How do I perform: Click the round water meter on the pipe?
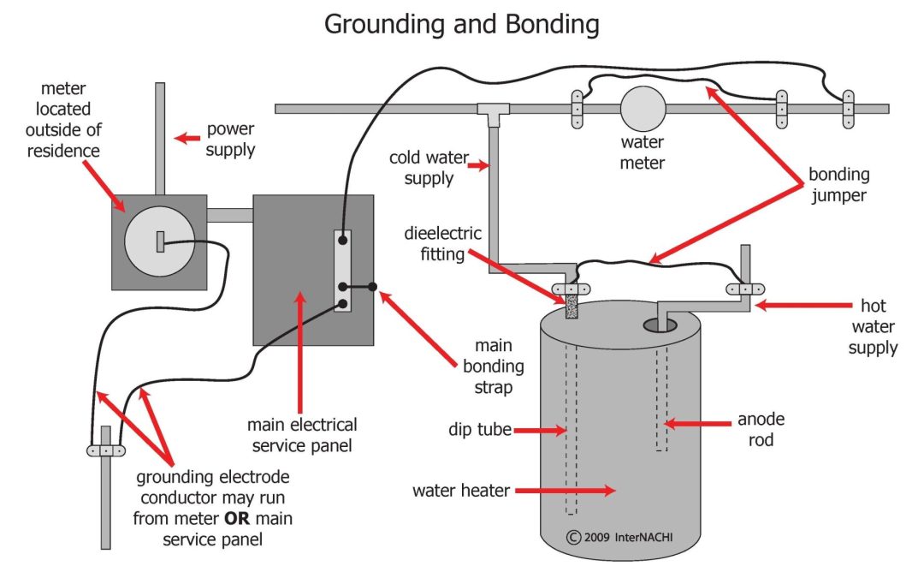tap(643, 109)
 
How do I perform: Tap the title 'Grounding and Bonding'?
tap(462, 25)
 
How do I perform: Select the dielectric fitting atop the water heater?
tap(572, 306)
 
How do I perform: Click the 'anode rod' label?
tap(761, 429)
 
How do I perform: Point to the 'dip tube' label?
tap(480, 429)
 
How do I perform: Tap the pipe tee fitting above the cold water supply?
tap(494, 114)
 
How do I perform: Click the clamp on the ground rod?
tap(106, 450)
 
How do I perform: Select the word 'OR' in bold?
tap(237, 518)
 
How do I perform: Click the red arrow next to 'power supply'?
tap(187, 139)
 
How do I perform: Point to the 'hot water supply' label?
tap(873, 326)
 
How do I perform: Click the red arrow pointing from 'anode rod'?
tap(697, 424)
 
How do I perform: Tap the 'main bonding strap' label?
tap(494, 366)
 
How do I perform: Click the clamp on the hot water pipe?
tap(745, 289)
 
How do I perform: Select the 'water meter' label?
tap(643, 152)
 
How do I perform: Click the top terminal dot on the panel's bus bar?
tap(342, 240)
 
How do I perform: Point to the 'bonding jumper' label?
tap(838, 184)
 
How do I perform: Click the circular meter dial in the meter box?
tap(160, 241)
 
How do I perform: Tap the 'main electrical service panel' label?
tap(302, 435)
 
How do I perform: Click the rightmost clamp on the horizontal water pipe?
tap(848, 109)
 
